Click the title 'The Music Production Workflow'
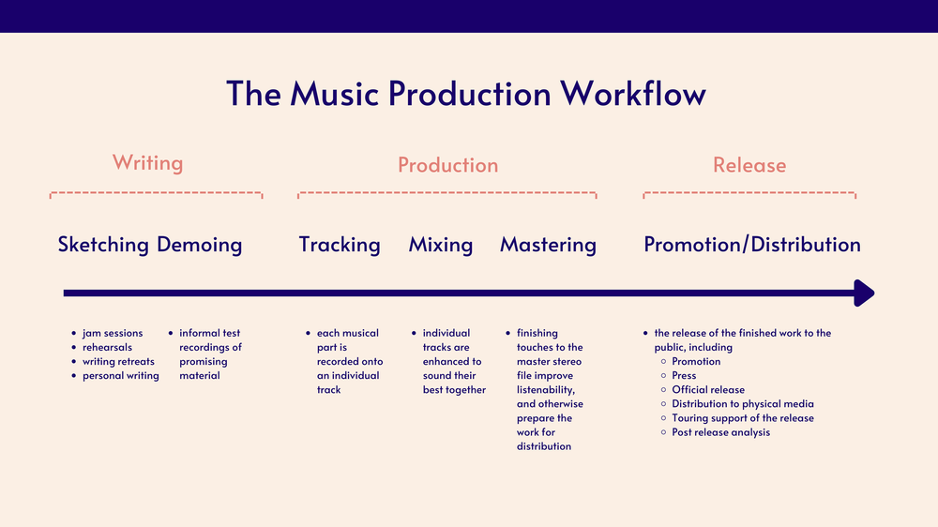(x=466, y=95)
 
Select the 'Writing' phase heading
(x=147, y=163)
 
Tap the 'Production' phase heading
(x=447, y=165)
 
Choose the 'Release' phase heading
(x=749, y=165)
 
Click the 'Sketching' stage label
(x=103, y=245)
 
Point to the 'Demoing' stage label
(x=199, y=245)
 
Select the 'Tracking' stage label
(x=340, y=245)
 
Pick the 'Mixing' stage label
(x=441, y=245)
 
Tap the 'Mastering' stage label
(x=548, y=245)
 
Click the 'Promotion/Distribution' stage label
(x=751, y=245)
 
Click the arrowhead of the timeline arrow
(x=865, y=294)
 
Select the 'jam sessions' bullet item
(x=113, y=333)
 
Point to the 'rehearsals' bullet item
(x=107, y=347)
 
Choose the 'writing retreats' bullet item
(x=119, y=361)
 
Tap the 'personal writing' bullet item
(x=120, y=375)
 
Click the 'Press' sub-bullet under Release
(x=684, y=375)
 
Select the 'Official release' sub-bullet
(x=708, y=389)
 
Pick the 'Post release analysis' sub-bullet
(x=720, y=432)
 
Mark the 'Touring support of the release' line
(x=743, y=418)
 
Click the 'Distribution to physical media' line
(x=743, y=404)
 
